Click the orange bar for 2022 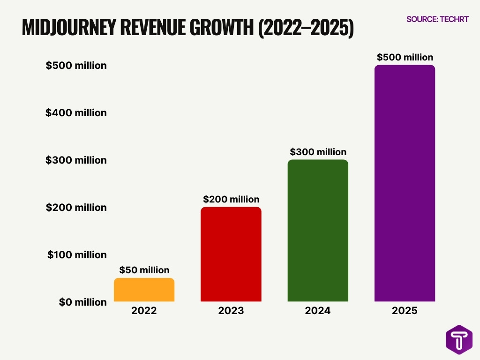click(x=144, y=290)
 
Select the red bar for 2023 click(x=231, y=254)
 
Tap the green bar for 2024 click(x=318, y=231)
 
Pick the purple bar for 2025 click(x=405, y=183)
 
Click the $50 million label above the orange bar click(x=144, y=270)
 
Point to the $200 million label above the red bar click(x=231, y=199)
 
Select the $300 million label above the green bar click(x=318, y=152)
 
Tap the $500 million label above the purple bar click(x=405, y=57)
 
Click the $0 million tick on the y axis click(x=82, y=302)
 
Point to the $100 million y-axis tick click(x=77, y=255)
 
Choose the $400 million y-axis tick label click(x=76, y=113)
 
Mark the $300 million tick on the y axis click(x=76, y=160)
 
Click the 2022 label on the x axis click(x=144, y=311)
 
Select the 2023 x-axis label click(x=231, y=311)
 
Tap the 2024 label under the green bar click(x=318, y=311)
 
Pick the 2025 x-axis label click(x=405, y=311)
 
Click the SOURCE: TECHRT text click(x=437, y=19)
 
